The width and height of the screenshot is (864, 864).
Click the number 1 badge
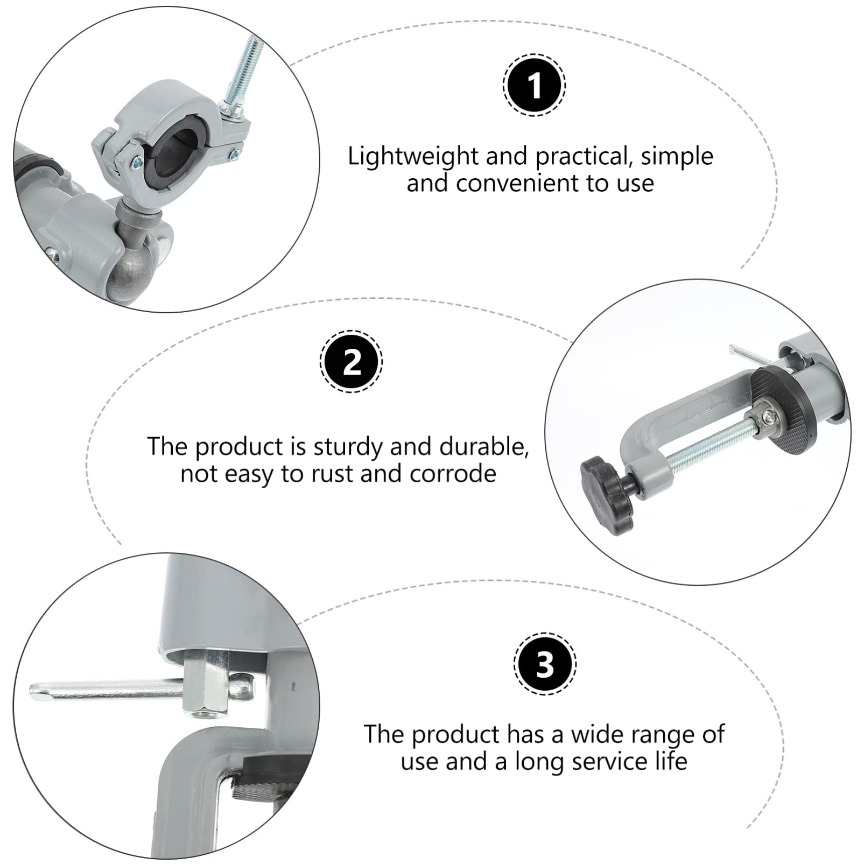pos(534,85)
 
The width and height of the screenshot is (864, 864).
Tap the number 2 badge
pos(352,361)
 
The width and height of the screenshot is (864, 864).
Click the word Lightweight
pos(413,157)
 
